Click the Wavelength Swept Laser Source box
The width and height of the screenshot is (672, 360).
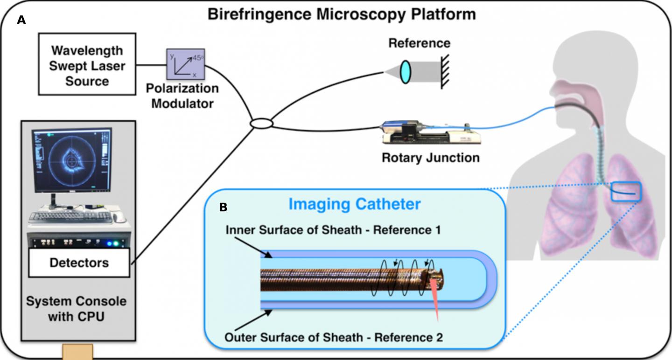coord(87,66)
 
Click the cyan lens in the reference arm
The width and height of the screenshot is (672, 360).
coord(406,70)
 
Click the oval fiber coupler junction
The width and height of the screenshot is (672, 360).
coord(262,124)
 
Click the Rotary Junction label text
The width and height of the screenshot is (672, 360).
coord(430,158)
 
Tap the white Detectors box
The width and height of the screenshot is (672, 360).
coord(79,263)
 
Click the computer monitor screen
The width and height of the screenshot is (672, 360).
coord(72,160)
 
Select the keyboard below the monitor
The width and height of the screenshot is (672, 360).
coord(70,216)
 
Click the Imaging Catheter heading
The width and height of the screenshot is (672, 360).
coord(355,204)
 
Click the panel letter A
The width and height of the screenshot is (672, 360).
coord(21,20)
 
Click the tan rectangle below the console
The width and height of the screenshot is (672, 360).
coord(77,352)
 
